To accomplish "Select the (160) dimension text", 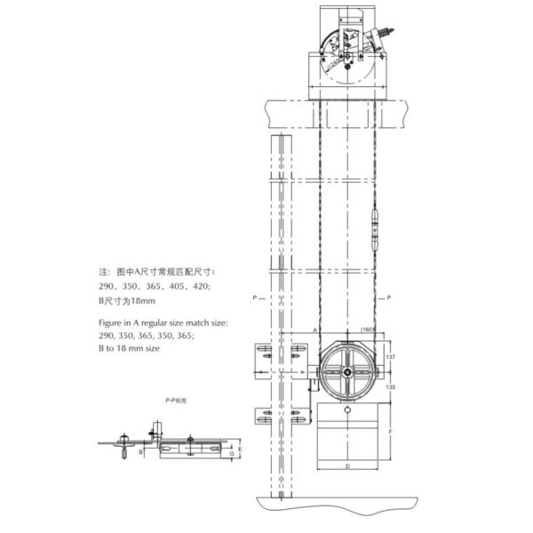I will point(368,330).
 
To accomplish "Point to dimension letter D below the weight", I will point(346,465).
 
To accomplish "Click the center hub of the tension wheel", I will point(346,367).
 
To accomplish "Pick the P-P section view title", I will point(175,401).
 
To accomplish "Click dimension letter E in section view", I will point(241,449).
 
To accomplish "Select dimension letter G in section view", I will point(230,454).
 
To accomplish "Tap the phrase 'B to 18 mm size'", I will point(129,350).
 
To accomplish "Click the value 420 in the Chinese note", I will point(202,287).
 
